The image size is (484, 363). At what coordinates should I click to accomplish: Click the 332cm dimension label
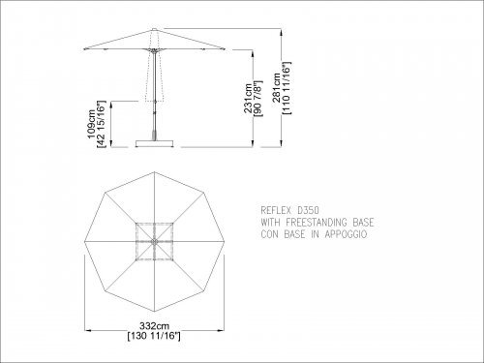[x=154, y=325]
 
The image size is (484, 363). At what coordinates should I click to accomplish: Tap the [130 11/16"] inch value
[x=154, y=336]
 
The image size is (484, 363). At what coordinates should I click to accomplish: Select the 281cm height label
[x=277, y=88]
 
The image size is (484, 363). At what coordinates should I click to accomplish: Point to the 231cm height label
[x=248, y=98]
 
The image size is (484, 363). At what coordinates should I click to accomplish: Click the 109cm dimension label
[x=92, y=124]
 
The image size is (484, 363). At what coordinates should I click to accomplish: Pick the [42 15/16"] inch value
[x=102, y=124]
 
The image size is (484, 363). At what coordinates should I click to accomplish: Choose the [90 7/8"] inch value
[x=258, y=98]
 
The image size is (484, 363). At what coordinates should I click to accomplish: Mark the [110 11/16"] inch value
[x=287, y=88]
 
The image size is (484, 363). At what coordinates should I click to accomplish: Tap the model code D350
[x=308, y=210]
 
